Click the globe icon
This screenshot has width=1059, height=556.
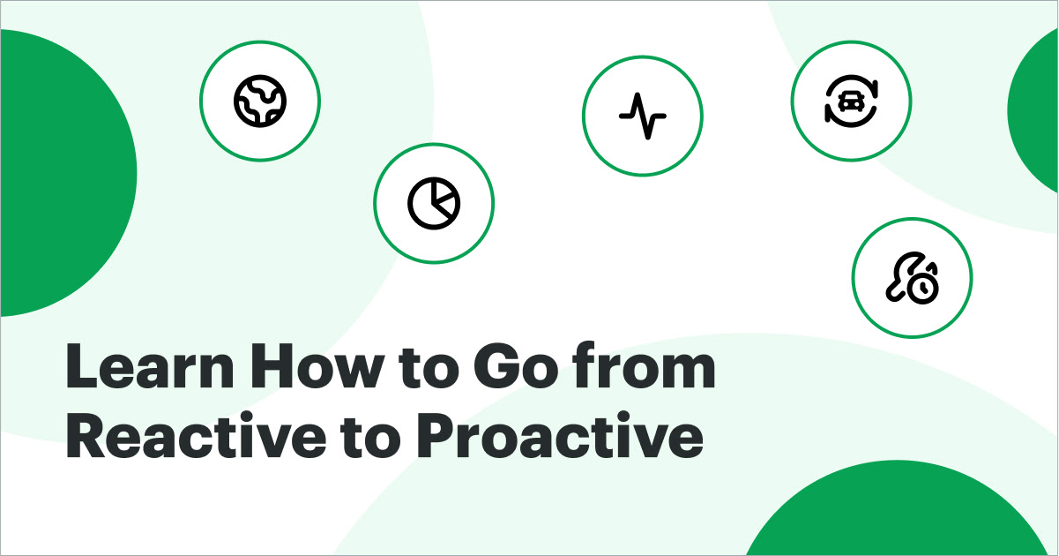coord(260,99)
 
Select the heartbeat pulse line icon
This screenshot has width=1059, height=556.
coord(642,116)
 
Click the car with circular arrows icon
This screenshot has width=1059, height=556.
coord(851,98)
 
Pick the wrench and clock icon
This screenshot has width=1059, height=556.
coord(912,278)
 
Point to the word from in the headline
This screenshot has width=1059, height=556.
coord(648,371)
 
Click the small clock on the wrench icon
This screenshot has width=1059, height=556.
coord(923,287)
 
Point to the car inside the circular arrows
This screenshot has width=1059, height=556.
coord(851,100)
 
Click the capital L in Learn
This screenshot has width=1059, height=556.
coord(82,371)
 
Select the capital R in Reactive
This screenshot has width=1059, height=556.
coord(86,439)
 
